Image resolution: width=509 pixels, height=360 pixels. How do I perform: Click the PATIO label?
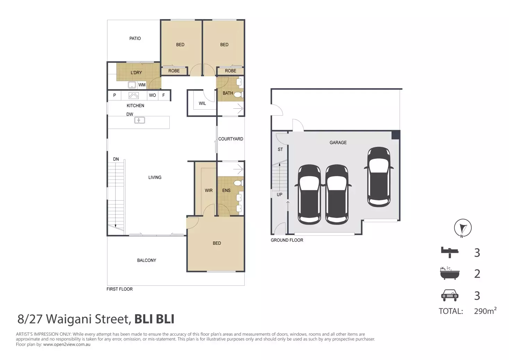pos(135,39)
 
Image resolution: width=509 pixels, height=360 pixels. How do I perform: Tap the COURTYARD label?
pos(230,139)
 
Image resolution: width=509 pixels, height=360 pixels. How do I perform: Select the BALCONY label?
pos(146,260)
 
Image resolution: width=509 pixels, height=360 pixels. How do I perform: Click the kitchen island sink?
pos(139,120)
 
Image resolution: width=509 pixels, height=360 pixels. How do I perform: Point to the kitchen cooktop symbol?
pos(134,95)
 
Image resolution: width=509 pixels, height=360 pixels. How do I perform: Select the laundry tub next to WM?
pos(132,85)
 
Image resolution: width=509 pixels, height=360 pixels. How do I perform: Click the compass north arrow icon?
pos(463,228)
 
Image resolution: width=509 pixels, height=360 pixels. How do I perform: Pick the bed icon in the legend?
pos(449,252)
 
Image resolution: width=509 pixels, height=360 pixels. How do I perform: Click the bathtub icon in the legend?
pos(449,274)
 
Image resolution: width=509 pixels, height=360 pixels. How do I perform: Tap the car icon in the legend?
pos(449,295)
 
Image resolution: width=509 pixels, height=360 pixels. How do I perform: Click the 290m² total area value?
pos(485,311)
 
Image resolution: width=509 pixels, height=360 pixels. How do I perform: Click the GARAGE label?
pos(338,143)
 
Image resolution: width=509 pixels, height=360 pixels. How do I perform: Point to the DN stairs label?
pos(116,159)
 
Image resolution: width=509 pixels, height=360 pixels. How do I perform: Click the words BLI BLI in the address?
pos(154,319)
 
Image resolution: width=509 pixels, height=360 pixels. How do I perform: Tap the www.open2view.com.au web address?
pos(67,344)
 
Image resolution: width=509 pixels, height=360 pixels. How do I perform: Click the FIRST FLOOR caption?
pos(119,289)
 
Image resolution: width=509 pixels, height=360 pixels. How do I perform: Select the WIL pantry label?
pos(202,103)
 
